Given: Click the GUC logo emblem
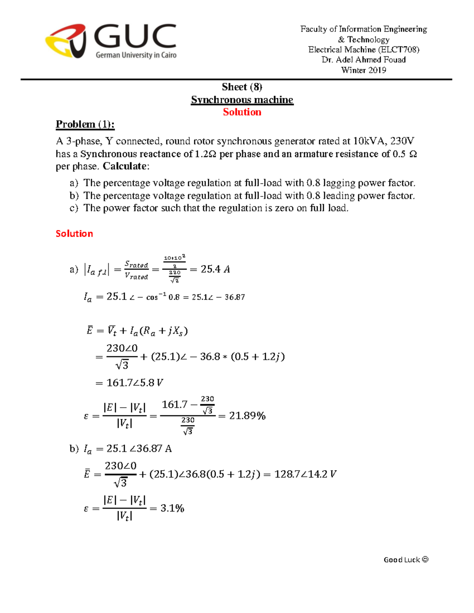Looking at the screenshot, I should coord(66,41).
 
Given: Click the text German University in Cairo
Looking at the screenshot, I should coord(136,55).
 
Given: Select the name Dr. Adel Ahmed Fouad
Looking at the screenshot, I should coord(363,60).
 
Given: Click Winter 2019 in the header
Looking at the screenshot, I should coord(363,70).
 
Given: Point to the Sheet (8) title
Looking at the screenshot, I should coord(242,87).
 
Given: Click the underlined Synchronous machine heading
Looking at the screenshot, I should coord(242,100).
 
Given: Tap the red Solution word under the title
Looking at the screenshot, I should coord(242,112).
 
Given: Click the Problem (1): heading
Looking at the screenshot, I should coord(85,124).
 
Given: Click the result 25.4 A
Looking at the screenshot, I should coord(215,269).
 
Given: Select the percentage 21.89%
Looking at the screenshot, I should coord(247,416).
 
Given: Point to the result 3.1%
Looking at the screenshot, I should coord(172,508).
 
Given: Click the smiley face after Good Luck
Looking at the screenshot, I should coord(425,559).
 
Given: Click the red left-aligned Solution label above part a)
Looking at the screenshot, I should coord(74,234).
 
